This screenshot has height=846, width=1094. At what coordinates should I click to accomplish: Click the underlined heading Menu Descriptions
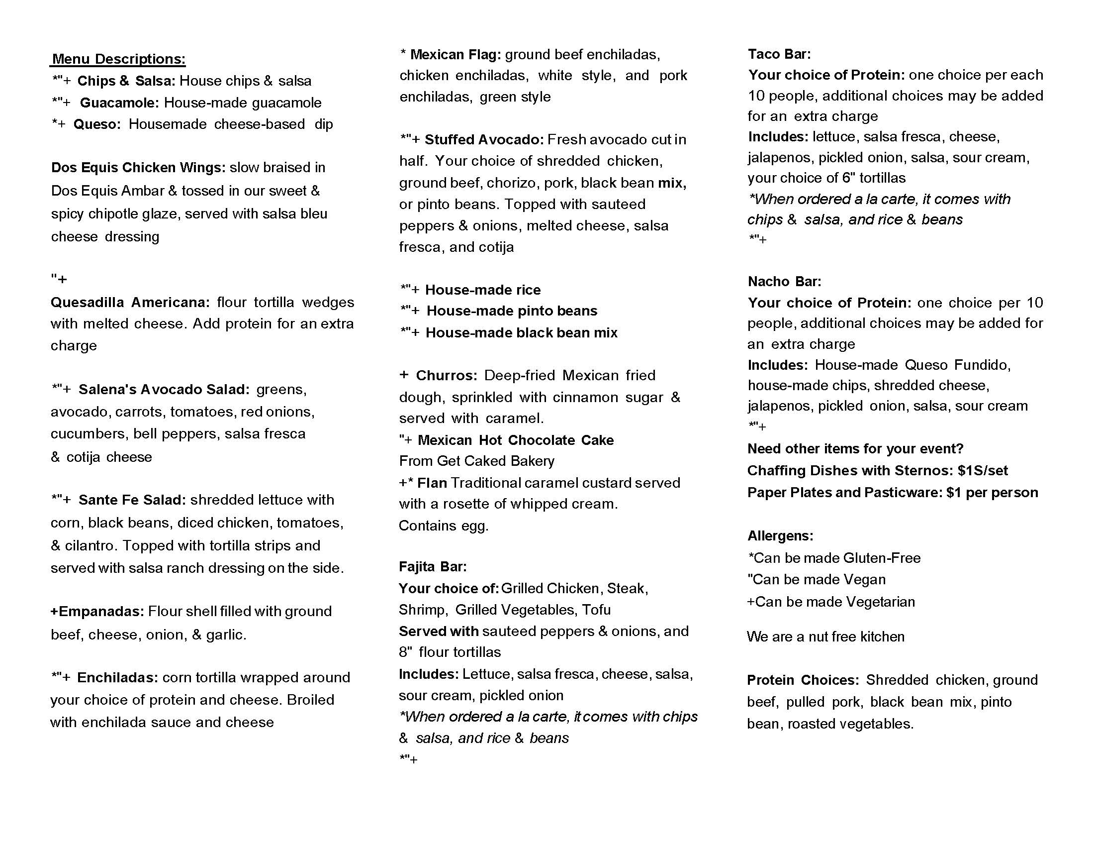[x=119, y=59]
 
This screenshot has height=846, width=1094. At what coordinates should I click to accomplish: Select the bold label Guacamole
[x=119, y=103]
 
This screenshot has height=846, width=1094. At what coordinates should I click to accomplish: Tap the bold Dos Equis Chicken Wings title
[x=138, y=167]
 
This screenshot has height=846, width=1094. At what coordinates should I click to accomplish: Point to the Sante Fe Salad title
[x=132, y=500]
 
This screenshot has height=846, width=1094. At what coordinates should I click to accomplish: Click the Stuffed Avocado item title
[x=484, y=139]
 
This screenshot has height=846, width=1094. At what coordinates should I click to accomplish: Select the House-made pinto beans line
[x=511, y=311]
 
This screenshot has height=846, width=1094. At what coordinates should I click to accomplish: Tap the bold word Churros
[x=447, y=375]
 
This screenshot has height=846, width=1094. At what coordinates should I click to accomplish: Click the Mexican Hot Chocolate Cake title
[x=516, y=440]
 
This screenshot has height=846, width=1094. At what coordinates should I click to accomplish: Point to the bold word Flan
[x=432, y=483]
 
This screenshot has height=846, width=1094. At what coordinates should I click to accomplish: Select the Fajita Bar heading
[x=433, y=567]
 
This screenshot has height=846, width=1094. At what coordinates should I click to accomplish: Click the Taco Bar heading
[x=779, y=54]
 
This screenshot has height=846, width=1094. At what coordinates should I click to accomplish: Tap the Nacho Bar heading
[x=784, y=282]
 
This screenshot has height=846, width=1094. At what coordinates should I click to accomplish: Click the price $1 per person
[x=992, y=493]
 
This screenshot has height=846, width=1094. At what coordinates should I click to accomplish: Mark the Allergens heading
[x=780, y=536]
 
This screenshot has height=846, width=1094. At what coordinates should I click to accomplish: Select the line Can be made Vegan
[x=817, y=579]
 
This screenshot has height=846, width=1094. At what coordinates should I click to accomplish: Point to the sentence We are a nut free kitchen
[x=825, y=636]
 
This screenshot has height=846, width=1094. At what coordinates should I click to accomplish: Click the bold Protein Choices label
[x=803, y=680]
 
